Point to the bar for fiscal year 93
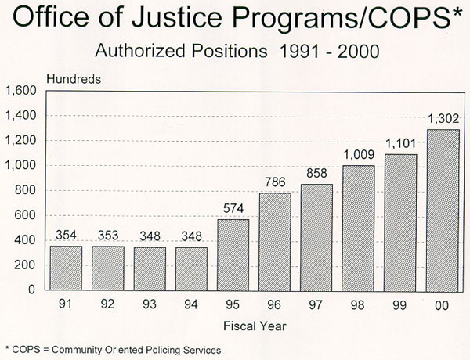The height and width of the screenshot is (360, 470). (x=150, y=268)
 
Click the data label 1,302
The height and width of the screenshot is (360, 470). (x=443, y=119)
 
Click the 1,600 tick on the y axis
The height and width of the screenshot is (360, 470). (x=20, y=92)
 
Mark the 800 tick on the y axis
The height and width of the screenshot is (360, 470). (x=26, y=190)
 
